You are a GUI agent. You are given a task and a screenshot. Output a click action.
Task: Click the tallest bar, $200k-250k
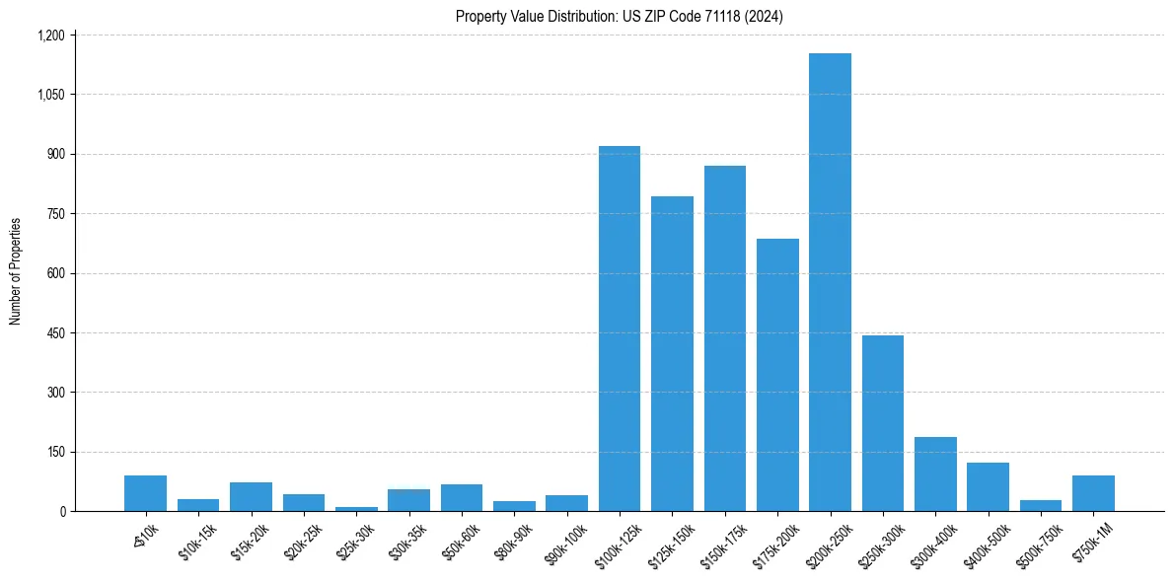[x=830, y=282]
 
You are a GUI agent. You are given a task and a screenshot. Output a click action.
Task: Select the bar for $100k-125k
[x=620, y=328]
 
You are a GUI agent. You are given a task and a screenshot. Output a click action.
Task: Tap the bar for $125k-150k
[x=672, y=353]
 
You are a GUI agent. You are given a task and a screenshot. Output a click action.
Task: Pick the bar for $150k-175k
[x=725, y=338]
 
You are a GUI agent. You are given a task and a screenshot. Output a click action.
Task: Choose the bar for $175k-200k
[x=777, y=375]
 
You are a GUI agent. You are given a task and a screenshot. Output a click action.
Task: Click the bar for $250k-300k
[x=883, y=423]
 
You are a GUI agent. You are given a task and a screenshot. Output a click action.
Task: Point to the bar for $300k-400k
[x=935, y=474]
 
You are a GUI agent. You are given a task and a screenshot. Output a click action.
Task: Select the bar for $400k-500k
[x=988, y=486]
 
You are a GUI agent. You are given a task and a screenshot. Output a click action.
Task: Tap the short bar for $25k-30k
[x=356, y=508]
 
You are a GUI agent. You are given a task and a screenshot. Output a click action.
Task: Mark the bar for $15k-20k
[x=251, y=496]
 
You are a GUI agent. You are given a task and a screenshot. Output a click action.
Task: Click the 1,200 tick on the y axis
[x=50, y=36]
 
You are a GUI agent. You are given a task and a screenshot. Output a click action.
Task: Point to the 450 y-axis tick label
[x=55, y=333]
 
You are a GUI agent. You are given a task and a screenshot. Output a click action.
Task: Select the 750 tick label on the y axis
[x=55, y=214]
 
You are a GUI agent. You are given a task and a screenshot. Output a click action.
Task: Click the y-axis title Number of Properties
[x=15, y=271]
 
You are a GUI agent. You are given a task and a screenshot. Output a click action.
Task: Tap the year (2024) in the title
[x=765, y=17]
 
